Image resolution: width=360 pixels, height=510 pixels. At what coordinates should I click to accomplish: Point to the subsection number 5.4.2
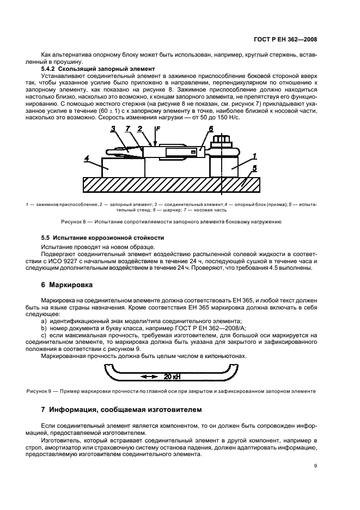pos(51,68)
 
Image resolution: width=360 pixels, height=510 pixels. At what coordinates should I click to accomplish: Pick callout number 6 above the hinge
pos(210,144)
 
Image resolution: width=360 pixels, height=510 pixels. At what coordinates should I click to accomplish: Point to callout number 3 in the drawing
pos(113,144)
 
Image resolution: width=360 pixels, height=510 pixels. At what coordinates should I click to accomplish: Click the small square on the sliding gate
pos(193,152)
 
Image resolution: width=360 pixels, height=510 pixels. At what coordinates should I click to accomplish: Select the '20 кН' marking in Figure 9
pos(172,376)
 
